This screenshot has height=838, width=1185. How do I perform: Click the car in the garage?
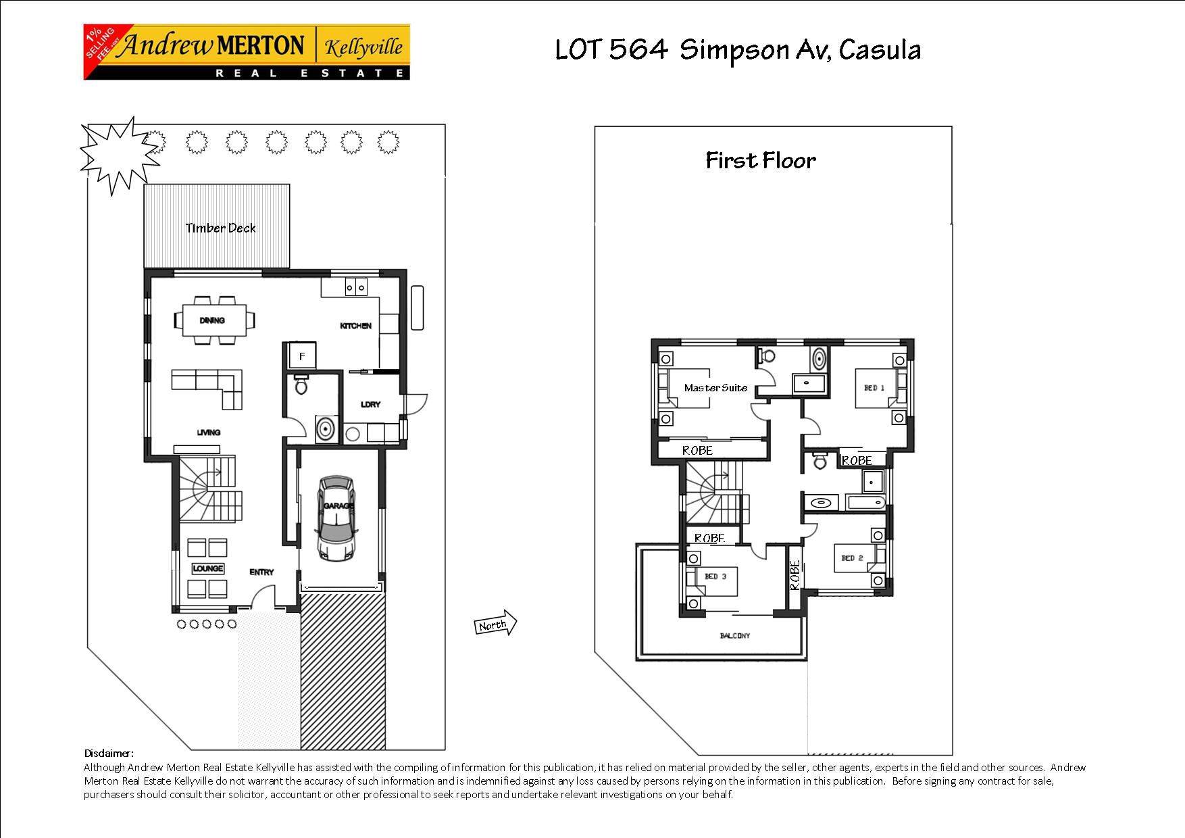coord(336,518)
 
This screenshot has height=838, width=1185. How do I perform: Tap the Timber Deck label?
coord(221,228)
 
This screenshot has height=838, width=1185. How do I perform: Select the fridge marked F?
coord(302,356)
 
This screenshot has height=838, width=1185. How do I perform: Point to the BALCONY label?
coord(734,636)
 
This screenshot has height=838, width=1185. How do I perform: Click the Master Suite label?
coord(715,388)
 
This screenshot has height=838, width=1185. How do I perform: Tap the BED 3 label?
coord(715,576)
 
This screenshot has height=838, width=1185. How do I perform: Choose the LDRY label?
coord(371,405)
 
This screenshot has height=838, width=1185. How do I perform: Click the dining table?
coord(216,320)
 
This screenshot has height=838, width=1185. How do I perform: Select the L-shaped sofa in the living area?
coord(209,388)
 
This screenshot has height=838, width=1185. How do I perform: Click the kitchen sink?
coord(356,288)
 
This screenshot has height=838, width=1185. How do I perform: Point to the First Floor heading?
coord(761,161)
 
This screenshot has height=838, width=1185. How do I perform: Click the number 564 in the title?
coord(638,49)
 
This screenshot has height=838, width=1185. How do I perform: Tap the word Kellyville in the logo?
coord(363,47)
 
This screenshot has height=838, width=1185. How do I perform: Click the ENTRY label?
coord(261,572)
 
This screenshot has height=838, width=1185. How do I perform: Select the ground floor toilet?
coord(301,385)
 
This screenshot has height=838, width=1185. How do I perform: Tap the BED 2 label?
coord(852,558)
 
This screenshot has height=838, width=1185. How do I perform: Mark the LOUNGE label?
coord(207,568)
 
